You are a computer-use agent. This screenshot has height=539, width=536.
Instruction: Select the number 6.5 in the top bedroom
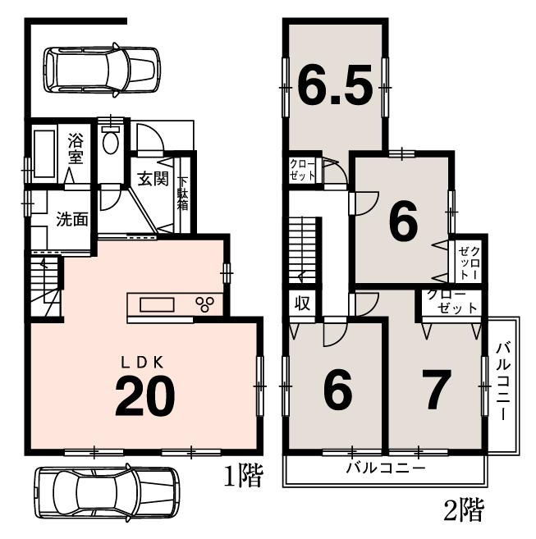334,85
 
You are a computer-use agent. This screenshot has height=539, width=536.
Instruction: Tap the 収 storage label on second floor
301,303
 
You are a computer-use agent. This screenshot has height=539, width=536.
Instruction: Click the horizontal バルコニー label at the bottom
383,470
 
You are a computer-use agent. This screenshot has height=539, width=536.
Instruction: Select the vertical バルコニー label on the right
503,381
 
